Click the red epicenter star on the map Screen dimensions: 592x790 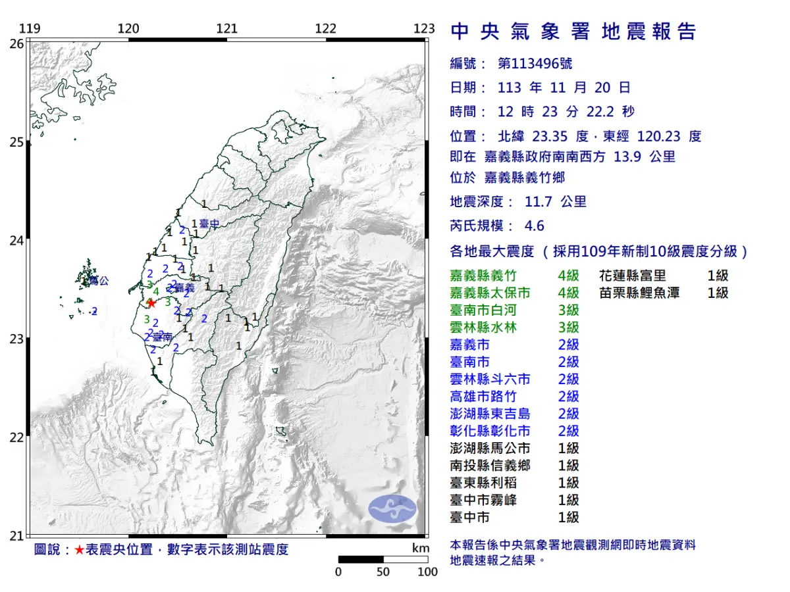(x=151, y=303)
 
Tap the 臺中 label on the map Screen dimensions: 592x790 (x=209, y=225)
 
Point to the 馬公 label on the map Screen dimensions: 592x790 (x=99, y=281)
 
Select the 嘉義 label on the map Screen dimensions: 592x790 (x=185, y=288)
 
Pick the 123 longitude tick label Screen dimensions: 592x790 (x=425, y=28)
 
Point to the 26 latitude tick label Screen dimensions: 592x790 (x=16, y=43)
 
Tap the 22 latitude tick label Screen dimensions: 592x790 (x=16, y=437)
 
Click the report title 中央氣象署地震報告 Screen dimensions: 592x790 (x=573, y=32)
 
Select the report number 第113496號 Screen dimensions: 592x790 (x=535, y=63)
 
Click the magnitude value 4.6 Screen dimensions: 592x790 (x=534, y=226)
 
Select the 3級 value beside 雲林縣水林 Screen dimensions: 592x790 (x=568, y=328)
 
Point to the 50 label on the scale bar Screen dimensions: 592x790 (x=383, y=572)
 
